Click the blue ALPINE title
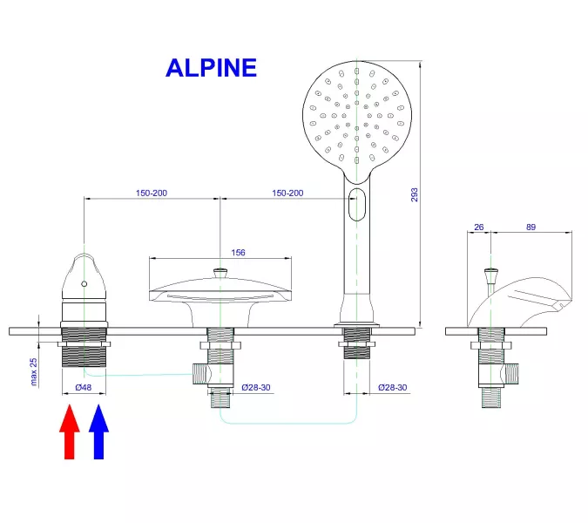211,67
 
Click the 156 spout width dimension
238,253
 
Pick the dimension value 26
478,227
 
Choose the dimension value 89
531,227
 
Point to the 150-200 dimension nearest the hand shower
287,193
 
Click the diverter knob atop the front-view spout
220,273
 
